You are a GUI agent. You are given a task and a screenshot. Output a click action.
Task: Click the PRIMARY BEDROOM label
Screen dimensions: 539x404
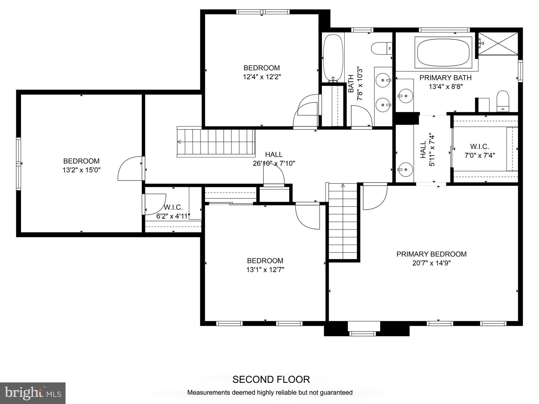coord(431,254)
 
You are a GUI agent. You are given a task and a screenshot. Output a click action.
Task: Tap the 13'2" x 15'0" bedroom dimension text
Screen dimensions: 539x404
coord(81,170)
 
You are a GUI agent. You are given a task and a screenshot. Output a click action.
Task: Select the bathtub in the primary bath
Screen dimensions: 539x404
coord(443,52)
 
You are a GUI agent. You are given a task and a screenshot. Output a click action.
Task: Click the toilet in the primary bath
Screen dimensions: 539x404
coord(503,101)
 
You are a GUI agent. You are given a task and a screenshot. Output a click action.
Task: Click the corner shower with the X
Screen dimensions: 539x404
coord(498,44)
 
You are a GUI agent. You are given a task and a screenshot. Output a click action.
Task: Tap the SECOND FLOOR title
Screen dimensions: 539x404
coord(271,379)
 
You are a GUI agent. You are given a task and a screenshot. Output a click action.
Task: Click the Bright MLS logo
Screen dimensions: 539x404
coord(33,393)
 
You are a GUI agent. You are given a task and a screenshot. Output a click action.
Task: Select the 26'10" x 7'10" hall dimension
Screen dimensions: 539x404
coord(274,163)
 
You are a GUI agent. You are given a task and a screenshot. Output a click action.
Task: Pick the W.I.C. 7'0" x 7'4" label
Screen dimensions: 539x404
coord(480,151)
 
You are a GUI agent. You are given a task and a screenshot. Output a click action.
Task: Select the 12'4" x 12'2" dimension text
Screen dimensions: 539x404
coord(262,77)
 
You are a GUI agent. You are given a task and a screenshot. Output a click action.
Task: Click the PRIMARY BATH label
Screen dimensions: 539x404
coord(445,78)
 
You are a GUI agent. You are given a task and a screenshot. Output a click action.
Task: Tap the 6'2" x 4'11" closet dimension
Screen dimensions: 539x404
coord(173,216)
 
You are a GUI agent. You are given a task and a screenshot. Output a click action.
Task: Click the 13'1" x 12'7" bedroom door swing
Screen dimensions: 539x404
coord(307,216)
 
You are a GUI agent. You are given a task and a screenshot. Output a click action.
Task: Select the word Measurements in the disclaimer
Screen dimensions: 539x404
coord(209,392)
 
